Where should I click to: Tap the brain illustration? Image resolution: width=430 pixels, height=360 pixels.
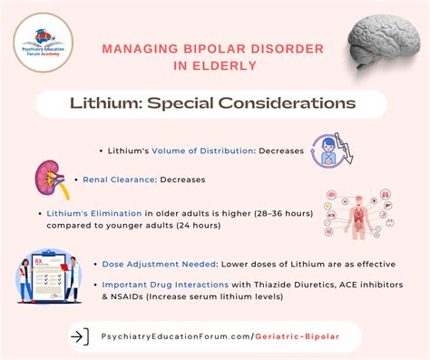tap(386, 41)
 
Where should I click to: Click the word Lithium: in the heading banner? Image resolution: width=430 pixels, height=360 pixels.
tap(102, 103)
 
